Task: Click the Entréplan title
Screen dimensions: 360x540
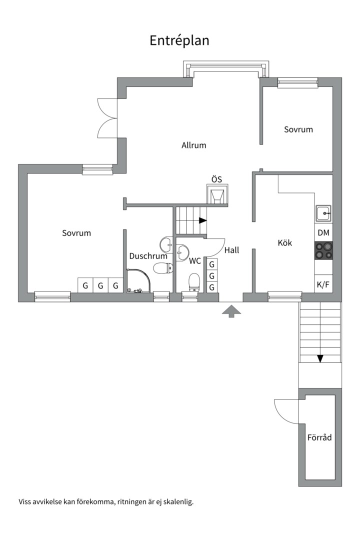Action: (x=179, y=40)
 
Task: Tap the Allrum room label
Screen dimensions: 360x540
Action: (x=194, y=145)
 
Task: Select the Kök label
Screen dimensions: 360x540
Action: (x=285, y=243)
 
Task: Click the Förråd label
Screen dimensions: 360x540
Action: (x=319, y=437)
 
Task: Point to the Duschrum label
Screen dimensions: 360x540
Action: (x=148, y=256)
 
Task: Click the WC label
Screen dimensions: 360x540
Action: (x=195, y=261)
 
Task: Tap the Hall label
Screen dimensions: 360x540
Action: (x=232, y=250)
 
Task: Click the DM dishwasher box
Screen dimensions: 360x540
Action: (x=323, y=233)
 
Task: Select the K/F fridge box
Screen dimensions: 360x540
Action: (x=323, y=284)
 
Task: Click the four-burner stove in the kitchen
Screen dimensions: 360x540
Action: (x=323, y=250)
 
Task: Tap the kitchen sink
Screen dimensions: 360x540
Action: (x=323, y=213)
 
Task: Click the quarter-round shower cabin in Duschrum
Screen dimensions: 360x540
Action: (x=138, y=280)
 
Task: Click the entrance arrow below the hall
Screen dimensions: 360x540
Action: (x=231, y=311)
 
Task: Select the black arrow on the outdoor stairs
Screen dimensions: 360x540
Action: (x=320, y=358)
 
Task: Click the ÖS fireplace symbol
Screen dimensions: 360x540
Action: (x=217, y=194)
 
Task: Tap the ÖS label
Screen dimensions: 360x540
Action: (x=216, y=179)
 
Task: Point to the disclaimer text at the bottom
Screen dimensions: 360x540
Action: (x=106, y=502)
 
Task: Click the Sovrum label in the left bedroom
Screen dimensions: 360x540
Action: (x=76, y=233)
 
